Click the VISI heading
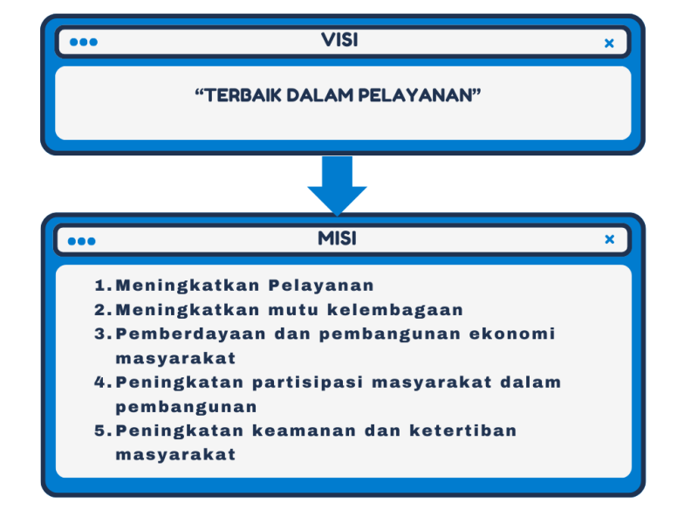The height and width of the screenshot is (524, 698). coord(339,40)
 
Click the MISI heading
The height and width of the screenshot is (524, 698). coord(337,238)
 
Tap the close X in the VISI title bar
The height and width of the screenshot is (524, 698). coord(609,43)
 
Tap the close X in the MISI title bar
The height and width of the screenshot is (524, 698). coord(609,239)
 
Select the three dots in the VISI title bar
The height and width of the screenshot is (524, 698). coord(84,42)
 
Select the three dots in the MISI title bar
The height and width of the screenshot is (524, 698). coord(81,241)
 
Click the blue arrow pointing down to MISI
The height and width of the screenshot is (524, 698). coord(337,186)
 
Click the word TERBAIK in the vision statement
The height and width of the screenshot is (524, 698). coord(243,95)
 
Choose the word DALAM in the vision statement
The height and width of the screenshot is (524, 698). coord(319,95)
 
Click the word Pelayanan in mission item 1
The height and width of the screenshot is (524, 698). coord(321,286)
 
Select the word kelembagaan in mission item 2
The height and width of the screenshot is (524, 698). coord(395,310)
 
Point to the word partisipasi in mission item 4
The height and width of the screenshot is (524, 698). coord(307,383)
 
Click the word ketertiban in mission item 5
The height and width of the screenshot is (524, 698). coord(463,431)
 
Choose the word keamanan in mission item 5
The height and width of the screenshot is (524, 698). coord(304,431)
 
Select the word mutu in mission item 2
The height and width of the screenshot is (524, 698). coord(293,310)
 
